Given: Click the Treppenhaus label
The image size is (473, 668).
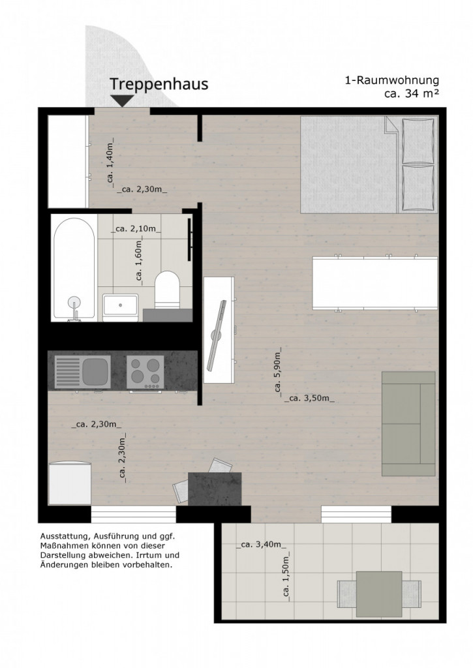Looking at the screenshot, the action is (159, 84).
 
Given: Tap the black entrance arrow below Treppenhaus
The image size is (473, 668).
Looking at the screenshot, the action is (123, 101).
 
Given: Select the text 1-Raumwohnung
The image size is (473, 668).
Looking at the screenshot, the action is (391, 80).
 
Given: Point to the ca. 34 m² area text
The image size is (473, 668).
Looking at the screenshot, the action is (411, 94).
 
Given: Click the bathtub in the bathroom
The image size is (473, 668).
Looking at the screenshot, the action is (74, 269).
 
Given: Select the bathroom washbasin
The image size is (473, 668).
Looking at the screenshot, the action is (120, 307).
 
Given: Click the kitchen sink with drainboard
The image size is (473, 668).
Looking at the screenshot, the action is (82, 372).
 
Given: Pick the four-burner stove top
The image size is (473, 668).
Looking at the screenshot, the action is (145, 372).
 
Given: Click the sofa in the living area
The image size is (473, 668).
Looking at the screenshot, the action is (408, 423).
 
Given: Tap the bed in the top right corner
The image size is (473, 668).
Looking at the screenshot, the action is (369, 164).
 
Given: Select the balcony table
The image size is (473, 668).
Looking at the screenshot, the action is (379, 594).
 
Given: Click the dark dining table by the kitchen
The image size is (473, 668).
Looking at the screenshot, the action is (215, 489).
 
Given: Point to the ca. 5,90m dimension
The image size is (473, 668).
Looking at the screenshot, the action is (278, 372).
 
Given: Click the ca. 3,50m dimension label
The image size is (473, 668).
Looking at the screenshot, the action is (309, 399).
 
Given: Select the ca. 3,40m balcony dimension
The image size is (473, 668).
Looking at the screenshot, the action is (261, 545).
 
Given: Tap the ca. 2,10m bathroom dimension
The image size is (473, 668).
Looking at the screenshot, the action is (136, 229).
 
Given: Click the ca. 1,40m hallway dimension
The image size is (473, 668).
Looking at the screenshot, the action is (110, 162).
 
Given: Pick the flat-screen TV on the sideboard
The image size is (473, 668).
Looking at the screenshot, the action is (218, 335).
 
